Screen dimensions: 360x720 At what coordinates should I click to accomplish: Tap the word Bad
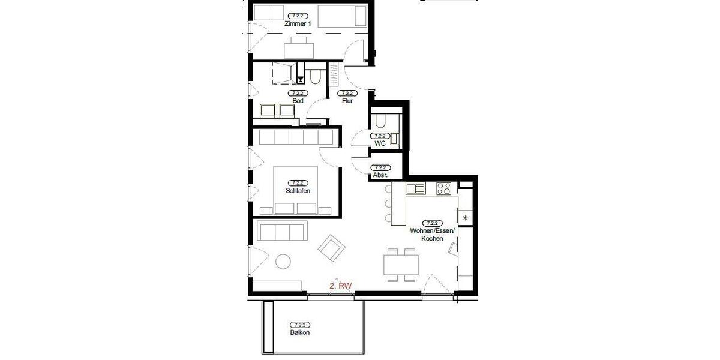click(298, 101)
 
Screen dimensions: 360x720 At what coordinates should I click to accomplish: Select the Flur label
click(347, 101)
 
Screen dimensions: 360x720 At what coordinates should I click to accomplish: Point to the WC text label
click(379, 144)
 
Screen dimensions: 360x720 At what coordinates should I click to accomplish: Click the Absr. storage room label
click(379, 175)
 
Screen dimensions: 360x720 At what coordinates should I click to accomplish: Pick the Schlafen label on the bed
click(298, 191)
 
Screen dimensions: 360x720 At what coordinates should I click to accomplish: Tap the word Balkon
click(299, 332)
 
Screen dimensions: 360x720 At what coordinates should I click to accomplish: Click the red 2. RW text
click(340, 287)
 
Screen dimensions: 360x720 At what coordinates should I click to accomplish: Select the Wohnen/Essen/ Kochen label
click(432, 235)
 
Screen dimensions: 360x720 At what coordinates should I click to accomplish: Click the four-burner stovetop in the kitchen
click(444, 188)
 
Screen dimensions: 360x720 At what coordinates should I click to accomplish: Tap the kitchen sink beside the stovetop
click(416, 188)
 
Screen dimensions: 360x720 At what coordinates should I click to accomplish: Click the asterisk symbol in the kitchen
click(465, 218)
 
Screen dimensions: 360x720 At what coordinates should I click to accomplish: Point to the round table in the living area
click(283, 262)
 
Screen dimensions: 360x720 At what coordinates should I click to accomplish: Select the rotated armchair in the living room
click(332, 247)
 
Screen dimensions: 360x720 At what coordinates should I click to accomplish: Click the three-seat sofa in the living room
click(281, 231)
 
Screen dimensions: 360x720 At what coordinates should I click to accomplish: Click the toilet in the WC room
click(380, 122)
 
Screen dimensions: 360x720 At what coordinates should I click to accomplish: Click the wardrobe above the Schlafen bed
click(296, 137)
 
